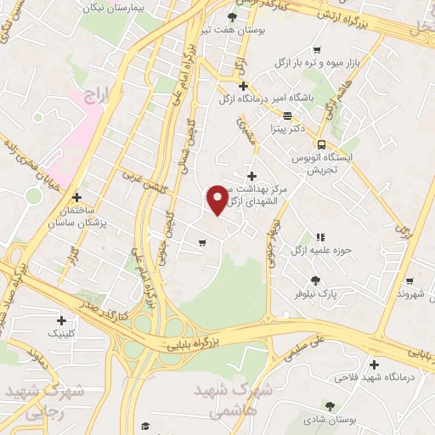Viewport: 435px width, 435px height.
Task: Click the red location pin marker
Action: tap(218, 199)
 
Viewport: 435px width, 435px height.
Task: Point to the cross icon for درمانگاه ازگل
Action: tap(244, 86)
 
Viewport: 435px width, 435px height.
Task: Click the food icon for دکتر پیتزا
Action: tap(287, 116)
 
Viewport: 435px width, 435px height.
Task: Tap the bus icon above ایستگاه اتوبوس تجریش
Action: tap(321, 144)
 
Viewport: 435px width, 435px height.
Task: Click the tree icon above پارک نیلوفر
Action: tap(316, 280)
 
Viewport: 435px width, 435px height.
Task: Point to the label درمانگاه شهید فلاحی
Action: tap(371, 376)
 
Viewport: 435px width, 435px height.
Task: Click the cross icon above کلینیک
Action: tap(61, 321)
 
